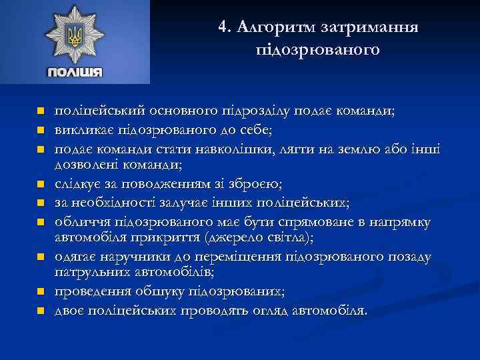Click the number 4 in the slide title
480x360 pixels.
click(x=223, y=27)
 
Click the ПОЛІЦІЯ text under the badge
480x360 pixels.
click(x=74, y=73)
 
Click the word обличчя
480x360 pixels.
click(x=81, y=221)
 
